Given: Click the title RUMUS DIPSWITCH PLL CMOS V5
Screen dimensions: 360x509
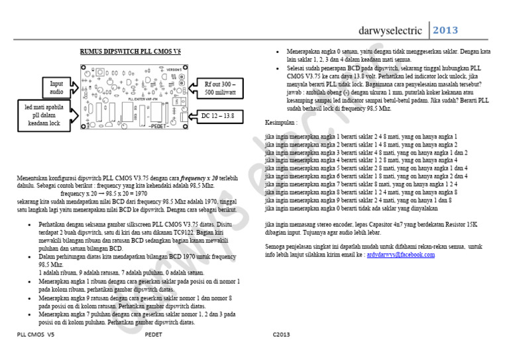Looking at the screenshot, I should [x=131, y=51].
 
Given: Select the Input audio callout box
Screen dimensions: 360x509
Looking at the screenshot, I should [x=57, y=88].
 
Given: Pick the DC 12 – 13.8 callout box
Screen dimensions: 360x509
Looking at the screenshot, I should [x=218, y=116].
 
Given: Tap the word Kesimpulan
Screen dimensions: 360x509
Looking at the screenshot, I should [x=281, y=123].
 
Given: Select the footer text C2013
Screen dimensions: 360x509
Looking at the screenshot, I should [x=281, y=335].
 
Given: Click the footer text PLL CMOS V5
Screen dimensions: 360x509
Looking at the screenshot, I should [x=35, y=335].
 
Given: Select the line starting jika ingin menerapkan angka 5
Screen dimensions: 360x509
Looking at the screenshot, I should [x=366, y=168].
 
